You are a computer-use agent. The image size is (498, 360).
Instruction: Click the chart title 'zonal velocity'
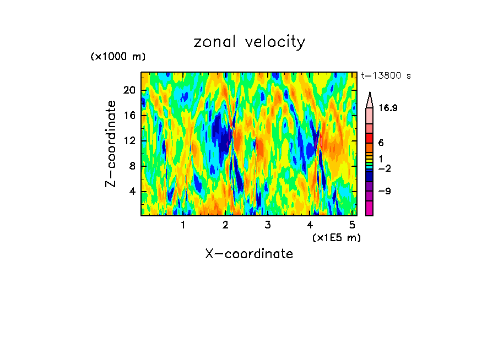(x=249, y=42)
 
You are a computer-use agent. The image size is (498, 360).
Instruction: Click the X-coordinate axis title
(x=249, y=254)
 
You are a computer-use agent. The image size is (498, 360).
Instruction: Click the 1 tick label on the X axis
(x=183, y=225)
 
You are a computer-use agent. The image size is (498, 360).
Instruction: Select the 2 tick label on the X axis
(x=225, y=225)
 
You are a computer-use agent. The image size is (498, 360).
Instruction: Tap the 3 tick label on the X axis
(x=268, y=225)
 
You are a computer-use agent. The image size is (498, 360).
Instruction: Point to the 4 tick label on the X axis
(x=310, y=225)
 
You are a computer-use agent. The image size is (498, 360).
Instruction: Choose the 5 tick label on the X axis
(x=353, y=225)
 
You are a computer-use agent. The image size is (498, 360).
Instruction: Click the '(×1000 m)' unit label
(x=117, y=57)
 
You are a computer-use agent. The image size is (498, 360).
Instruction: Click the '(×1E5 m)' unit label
(x=336, y=238)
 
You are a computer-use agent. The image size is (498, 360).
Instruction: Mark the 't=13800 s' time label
(x=386, y=76)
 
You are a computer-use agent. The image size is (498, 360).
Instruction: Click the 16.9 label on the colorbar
(x=388, y=108)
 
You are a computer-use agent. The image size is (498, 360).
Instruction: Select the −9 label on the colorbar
(x=384, y=192)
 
